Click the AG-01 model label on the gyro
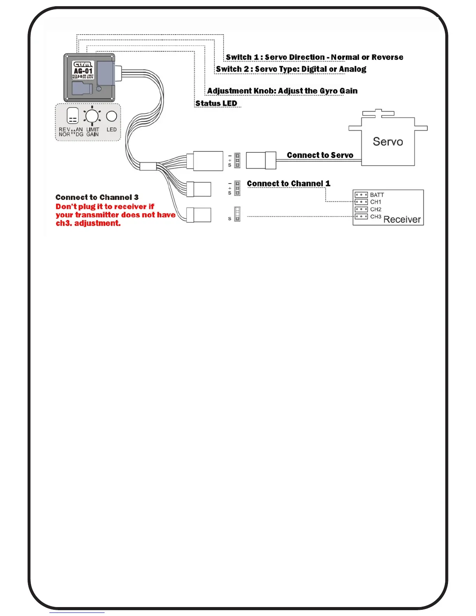83,71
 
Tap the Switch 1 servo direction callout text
314,57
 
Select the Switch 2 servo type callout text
291,69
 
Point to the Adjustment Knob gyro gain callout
282,91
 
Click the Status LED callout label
216,103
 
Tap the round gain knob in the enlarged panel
92,116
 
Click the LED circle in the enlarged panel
112,116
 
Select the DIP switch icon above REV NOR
73,115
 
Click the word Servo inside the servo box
388,142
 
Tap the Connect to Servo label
320,155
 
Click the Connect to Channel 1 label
288,184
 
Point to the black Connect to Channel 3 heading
97,198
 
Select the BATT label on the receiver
377,195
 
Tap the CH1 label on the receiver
376,202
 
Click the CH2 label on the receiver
376,210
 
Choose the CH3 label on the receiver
376,217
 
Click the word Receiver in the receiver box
402,220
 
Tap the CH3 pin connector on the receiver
361,217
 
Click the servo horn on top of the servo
378,113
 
